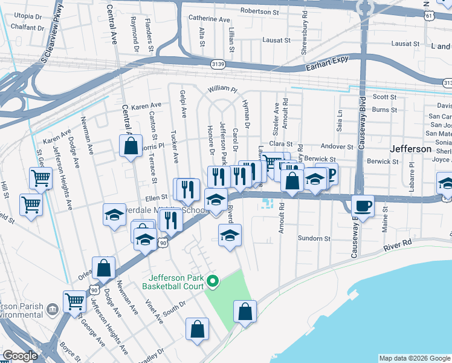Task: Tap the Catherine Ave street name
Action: point(209,19)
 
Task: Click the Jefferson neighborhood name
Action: point(411,148)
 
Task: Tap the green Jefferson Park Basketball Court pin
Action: point(212,281)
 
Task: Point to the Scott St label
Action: point(384,97)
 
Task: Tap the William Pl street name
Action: point(222,89)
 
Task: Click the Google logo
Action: point(21,356)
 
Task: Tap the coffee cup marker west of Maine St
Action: point(363,206)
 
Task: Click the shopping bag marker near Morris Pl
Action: point(131,146)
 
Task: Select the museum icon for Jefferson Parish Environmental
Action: point(53,309)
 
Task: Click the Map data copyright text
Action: point(414,358)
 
